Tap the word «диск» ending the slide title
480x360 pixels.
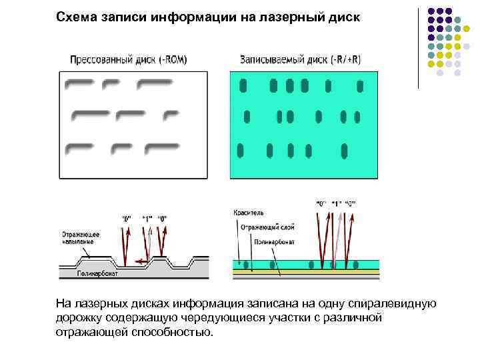tap(343, 17)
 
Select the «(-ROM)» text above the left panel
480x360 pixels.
tap(171, 59)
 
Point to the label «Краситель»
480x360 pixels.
tap(249, 212)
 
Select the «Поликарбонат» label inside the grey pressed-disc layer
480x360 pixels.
tap(97, 273)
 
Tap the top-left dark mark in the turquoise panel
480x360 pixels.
tap(243, 85)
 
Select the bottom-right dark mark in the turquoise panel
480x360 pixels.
tap(344, 151)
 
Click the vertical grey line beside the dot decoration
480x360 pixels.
tap(419, 47)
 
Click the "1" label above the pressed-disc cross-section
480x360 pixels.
tap(147, 218)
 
